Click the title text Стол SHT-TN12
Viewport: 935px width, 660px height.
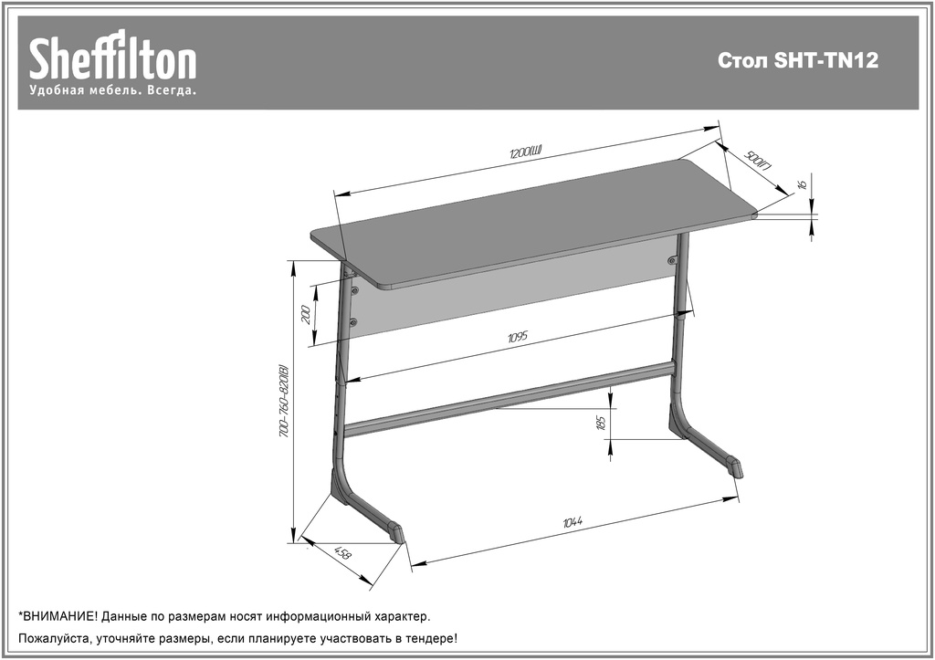pyautogui.click(x=798, y=61)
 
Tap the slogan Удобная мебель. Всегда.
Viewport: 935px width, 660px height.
pyautogui.click(x=112, y=90)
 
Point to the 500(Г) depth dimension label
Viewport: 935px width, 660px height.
pyautogui.click(x=758, y=161)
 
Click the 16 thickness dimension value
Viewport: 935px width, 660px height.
pyautogui.click(x=802, y=184)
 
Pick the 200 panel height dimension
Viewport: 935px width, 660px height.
pyautogui.click(x=306, y=314)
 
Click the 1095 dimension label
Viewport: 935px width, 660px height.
pyautogui.click(x=518, y=338)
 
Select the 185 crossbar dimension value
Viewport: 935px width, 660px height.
pyautogui.click(x=601, y=423)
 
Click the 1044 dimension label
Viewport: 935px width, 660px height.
pyautogui.click(x=573, y=522)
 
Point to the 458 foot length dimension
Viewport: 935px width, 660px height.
pyautogui.click(x=343, y=552)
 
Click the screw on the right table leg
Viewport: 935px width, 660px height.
pyautogui.click(x=672, y=260)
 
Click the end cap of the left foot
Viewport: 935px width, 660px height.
pyautogui.click(x=396, y=532)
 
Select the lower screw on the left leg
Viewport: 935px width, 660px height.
pyautogui.click(x=353, y=322)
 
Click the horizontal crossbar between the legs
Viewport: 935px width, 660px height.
pyautogui.click(x=510, y=397)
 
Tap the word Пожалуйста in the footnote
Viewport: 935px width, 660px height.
pyautogui.click(x=54, y=639)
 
